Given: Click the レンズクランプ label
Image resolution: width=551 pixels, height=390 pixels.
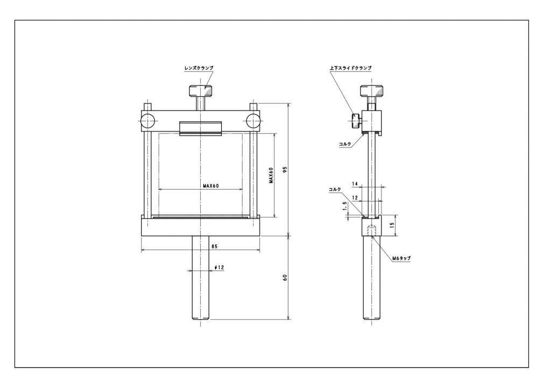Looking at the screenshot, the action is click(x=199, y=68).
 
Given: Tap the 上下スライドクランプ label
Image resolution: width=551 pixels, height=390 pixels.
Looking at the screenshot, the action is click(x=350, y=68).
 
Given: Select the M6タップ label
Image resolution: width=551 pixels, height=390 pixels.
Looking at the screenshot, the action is click(x=401, y=258).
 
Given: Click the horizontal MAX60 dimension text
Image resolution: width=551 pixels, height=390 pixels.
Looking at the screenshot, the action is click(x=211, y=186).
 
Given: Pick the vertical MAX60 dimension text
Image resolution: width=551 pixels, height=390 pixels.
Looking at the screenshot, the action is click(x=271, y=175).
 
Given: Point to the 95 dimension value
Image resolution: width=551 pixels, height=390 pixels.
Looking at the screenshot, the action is click(x=285, y=169).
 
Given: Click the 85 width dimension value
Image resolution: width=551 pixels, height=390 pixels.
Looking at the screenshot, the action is click(x=214, y=247).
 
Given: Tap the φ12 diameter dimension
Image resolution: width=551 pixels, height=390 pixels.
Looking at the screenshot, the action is click(x=220, y=268).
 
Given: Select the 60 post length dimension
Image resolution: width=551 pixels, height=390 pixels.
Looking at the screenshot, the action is click(x=285, y=277).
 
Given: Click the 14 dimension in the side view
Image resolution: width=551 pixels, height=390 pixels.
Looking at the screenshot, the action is click(x=355, y=184).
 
